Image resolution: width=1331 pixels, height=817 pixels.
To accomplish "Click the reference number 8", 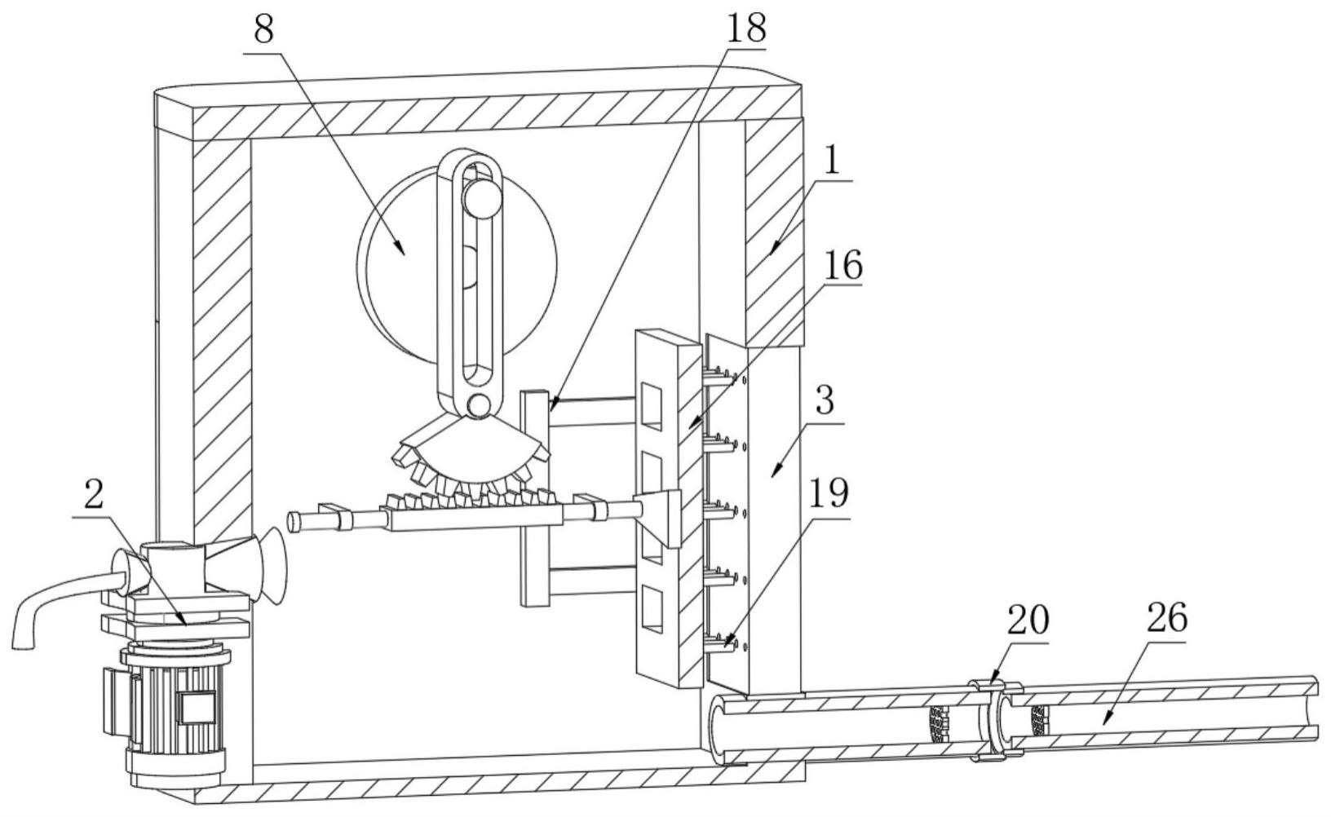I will click(x=263, y=31).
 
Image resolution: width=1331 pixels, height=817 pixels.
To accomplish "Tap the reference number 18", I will click(x=745, y=28).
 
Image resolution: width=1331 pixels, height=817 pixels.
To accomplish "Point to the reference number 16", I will click(x=842, y=266).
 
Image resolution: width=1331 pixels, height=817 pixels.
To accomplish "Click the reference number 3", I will click(x=825, y=402).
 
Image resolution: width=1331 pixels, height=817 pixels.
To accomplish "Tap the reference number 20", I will click(x=1028, y=621).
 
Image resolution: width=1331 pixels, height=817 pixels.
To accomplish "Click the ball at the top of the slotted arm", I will click(x=482, y=198).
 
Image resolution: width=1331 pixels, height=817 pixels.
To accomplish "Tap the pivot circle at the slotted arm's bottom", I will click(x=479, y=404).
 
